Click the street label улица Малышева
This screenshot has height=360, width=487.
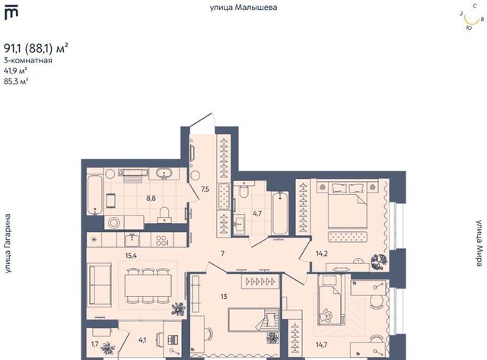pos(243,8)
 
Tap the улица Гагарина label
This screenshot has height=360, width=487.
pos(8,244)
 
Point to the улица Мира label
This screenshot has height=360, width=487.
pos(479,244)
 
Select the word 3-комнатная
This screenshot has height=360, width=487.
pos(28,61)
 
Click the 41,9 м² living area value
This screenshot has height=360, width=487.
pos(15,71)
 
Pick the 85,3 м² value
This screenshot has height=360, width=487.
pos(16,81)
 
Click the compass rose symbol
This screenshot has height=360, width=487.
pos(472,18)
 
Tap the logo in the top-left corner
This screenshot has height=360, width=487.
pos(11,14)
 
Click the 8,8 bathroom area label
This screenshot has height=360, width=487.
pos(151,198)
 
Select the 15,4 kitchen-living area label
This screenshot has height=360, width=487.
pos(131,256)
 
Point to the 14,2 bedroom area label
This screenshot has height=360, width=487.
pos(322,253)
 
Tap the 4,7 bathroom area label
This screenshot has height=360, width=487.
pos(257,213)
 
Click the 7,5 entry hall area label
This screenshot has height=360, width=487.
pos(205,190)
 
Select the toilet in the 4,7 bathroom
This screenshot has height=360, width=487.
pos(244,190)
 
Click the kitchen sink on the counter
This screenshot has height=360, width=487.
pos(132,240)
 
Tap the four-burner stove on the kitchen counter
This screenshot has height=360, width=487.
pos(162,240)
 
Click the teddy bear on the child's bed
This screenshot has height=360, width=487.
pos(326,316)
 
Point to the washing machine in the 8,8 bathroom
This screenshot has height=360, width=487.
pos(113,222)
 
